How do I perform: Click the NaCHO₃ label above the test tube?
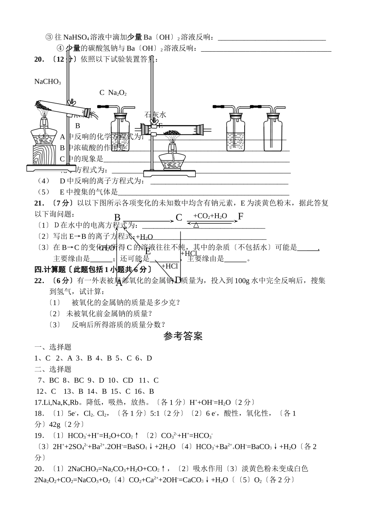click(47, 82)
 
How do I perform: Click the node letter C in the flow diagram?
click(179, 218)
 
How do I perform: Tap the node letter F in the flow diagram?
click(241, 217)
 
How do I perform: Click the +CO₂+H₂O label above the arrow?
click(210, 216)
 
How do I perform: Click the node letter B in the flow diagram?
click(118, 218)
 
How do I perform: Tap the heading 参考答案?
click(183, 336)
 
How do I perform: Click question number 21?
click(39, 203)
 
